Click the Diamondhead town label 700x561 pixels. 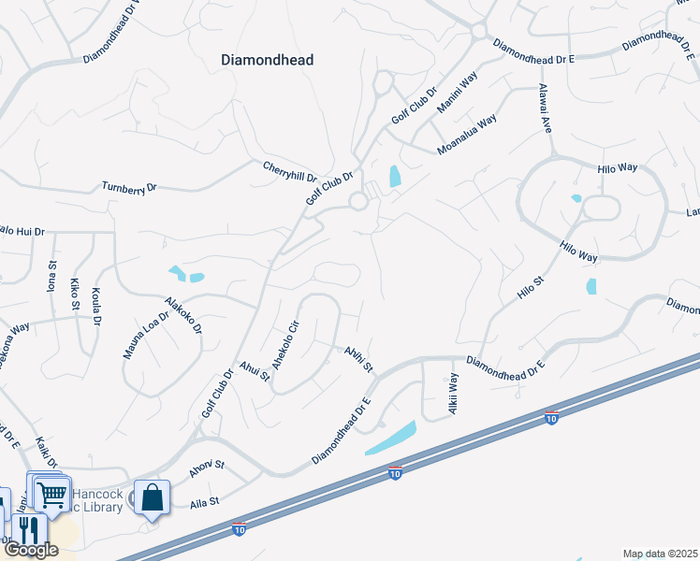click(x=267, y=60)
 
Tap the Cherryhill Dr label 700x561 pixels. click(x=290, y=169)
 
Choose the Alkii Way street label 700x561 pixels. click(x=453, y=394)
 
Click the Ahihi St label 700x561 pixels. click(x=357, y=358)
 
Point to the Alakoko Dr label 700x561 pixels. click(x=183, y=316)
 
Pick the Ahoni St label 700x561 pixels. click(x=207, y=468)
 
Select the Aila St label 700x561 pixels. click(x=205, y=502)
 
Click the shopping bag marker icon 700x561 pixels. click(x=152, y=496)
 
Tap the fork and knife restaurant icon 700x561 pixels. click(x=27, y=528)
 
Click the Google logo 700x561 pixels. click(x=30, y=550)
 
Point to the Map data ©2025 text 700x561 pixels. click(x=660, y=554)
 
